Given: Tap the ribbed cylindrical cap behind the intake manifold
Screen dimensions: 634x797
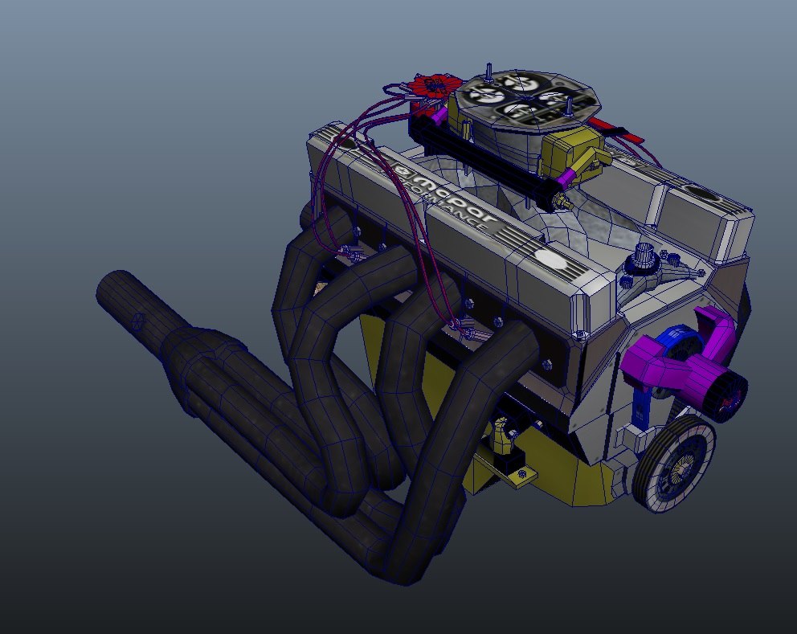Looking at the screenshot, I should [x=643, y=257].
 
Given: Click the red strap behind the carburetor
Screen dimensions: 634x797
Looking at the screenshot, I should [x=620, y=133].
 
